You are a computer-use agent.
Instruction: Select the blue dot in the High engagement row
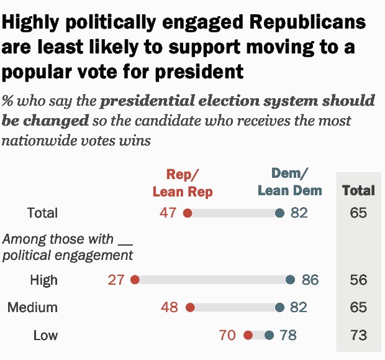click(290, 280)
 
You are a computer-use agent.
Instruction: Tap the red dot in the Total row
click(188, 213)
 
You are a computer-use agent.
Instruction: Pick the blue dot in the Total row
click(279, 213)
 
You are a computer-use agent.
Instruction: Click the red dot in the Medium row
click(190, 308)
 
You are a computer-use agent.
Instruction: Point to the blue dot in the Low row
click(269, 336)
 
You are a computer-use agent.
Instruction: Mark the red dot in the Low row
click(248, 336)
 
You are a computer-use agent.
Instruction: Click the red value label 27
click(116, 280)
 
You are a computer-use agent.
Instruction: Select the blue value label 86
click(310, 280)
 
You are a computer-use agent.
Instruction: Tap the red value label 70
click(227, 336)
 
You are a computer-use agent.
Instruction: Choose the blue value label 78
click(288, 336)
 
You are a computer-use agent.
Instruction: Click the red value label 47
click(168, 213)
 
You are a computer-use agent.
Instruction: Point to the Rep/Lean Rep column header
click(183, 183)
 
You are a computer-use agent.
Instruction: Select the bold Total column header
click(358, 190)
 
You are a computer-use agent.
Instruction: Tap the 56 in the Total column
click(358, 280)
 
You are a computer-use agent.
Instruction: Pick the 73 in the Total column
click(358, 336)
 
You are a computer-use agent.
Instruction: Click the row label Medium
click(32, 308)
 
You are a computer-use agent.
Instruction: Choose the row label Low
click(45, 336)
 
